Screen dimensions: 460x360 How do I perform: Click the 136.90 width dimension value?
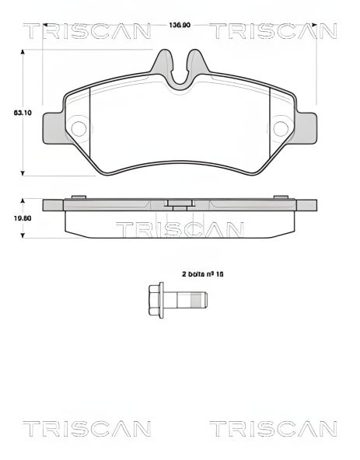[180, 26]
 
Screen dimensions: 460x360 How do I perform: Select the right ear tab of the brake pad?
[306, 127]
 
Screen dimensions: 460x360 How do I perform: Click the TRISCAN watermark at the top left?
[86, 32]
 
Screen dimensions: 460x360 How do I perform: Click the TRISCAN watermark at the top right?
[273, 32]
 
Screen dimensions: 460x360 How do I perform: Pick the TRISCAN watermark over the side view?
[180, 229]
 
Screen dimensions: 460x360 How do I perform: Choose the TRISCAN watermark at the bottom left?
[86, 428]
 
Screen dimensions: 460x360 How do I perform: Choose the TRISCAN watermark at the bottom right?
[273, 428]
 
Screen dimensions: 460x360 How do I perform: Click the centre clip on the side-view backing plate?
[180, 205]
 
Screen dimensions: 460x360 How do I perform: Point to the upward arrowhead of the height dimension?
[23, 51]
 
